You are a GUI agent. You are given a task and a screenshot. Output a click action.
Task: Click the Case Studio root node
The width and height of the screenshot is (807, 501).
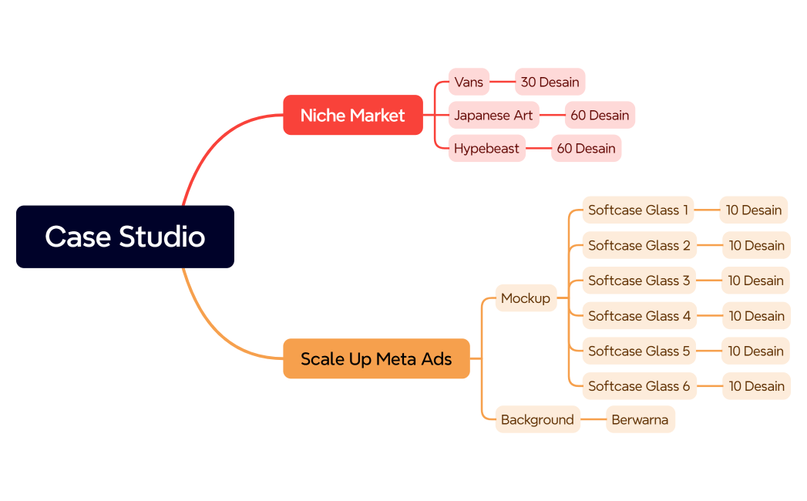click(125, 237)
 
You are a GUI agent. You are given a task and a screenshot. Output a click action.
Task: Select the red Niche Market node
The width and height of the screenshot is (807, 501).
click(353, 115)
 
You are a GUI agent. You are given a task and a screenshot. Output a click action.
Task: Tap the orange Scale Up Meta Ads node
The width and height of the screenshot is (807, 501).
click(376, 358)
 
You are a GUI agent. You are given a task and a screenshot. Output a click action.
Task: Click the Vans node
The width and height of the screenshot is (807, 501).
click(469, 82)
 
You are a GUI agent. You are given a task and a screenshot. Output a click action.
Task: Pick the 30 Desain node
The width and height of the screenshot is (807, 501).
click(550, 82)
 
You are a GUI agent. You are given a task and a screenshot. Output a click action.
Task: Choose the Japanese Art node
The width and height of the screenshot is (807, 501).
click(493, 115)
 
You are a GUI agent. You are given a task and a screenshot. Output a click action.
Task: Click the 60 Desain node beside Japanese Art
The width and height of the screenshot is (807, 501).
click(600, 115)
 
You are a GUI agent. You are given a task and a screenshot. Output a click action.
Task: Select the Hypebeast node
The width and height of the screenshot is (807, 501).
click(486, 148)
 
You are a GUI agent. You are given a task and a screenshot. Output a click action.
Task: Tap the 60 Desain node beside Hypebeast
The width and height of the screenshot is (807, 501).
click(586, 148)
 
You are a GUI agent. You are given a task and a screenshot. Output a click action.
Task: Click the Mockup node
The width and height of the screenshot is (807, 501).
click(525, 298)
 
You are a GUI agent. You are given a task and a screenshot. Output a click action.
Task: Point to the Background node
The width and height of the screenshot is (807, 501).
click(537, 419)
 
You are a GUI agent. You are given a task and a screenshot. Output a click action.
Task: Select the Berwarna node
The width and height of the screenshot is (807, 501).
click(640, 419)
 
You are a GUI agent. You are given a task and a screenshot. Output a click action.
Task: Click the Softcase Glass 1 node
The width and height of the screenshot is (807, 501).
click(638, 210)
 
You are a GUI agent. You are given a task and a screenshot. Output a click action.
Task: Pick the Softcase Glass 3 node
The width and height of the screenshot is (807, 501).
click(638, 281)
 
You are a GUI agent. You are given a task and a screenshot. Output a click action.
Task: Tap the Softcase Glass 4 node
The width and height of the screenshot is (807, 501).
click(638, 315)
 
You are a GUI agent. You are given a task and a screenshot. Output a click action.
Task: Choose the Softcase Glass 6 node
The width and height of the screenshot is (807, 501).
click(638, 386)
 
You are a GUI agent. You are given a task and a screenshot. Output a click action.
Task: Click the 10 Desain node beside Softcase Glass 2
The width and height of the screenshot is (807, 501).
click(756, 245)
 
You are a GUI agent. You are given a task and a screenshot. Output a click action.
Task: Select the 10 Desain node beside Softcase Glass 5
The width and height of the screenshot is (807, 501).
click(755, 351)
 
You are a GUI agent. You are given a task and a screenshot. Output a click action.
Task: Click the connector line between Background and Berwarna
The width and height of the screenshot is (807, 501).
click(593, 419)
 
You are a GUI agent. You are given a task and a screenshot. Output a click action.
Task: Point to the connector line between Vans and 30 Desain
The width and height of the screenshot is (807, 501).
click(502, 82)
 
